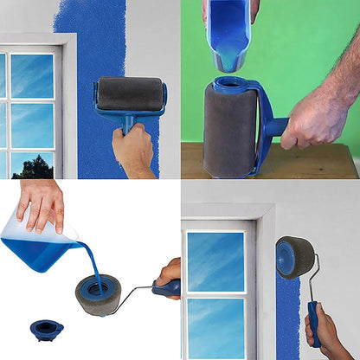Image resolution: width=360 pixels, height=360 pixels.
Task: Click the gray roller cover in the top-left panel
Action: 129,93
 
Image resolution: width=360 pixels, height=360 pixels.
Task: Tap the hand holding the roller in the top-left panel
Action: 134,151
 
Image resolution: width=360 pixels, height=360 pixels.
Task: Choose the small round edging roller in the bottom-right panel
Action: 293,259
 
